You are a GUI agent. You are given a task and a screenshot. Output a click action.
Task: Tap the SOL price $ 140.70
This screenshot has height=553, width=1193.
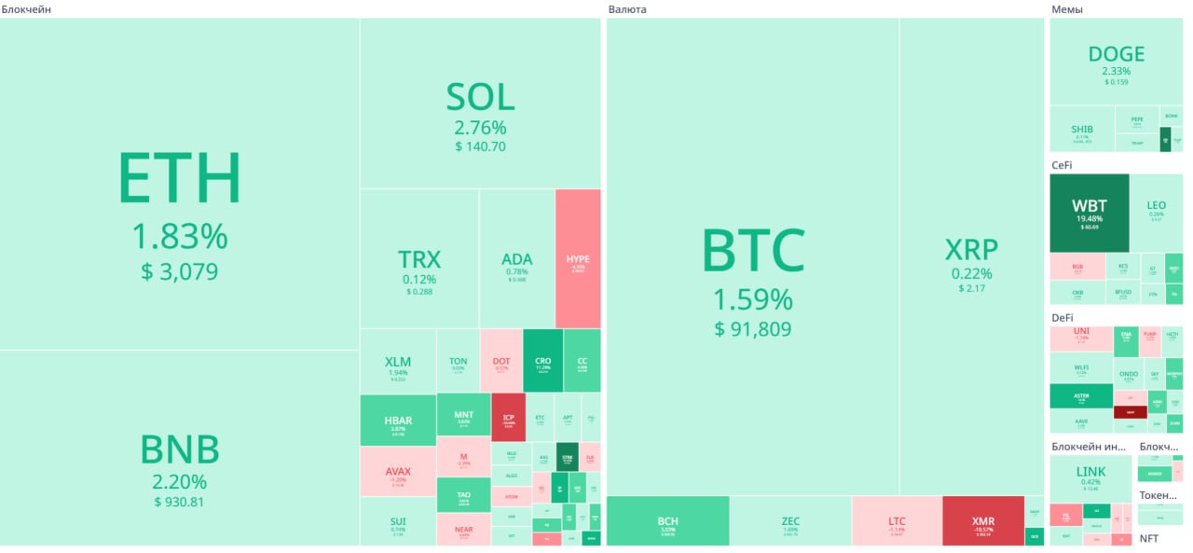point(480,146)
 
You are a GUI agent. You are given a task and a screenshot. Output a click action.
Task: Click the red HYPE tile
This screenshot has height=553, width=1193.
point(578,258)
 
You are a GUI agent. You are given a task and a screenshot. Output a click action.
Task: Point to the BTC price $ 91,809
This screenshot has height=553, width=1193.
point(752,329)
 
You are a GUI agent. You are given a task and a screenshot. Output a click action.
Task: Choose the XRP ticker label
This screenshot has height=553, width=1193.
point(971,250)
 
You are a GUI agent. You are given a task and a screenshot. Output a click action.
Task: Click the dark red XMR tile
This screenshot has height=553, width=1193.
point(982,520)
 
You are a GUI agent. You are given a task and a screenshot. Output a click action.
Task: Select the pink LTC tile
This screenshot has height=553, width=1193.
point(897,520)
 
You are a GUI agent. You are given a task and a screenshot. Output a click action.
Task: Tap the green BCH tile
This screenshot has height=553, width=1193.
point(667,520)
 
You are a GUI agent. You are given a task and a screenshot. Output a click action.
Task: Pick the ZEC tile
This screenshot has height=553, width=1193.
point(790,520)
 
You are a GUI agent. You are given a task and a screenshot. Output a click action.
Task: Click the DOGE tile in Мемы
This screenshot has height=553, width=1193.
point(1116,62)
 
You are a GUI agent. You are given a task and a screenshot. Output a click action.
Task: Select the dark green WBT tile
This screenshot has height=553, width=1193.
point(1090,213)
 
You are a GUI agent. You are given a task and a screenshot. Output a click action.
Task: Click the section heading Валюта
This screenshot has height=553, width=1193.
point(626,8)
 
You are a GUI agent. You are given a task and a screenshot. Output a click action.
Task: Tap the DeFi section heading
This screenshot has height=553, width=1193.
point(1063,317)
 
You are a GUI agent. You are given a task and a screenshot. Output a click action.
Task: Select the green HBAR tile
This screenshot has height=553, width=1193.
point(398,421)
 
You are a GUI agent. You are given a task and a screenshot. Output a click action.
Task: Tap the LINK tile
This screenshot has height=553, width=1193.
point(1090,477)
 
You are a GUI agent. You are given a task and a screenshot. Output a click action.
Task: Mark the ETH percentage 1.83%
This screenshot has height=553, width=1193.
point(179,237)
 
